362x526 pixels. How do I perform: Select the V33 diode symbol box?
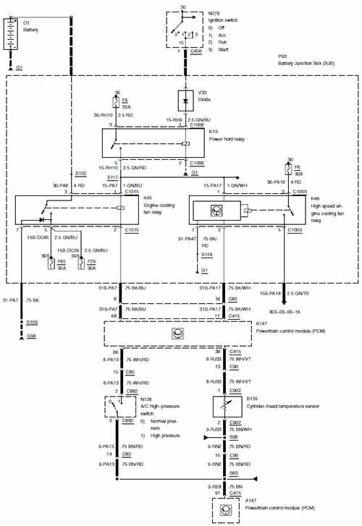tap(185, 98)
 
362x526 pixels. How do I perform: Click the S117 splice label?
tap(112, 177)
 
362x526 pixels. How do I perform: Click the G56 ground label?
tap(33, 336)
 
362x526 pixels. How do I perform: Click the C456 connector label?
tap(196, 51)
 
